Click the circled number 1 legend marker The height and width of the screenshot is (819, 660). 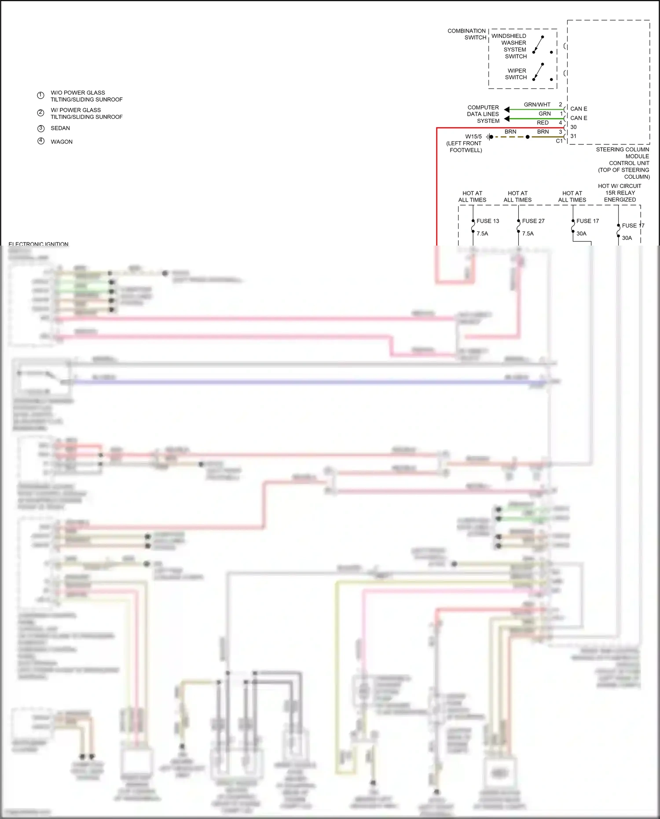point(40,95)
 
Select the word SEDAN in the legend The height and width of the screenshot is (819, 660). point(60,128)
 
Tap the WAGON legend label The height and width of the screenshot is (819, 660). point(62,142)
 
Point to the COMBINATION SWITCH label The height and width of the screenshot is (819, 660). point(467,34)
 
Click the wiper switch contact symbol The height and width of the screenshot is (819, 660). point(539,72)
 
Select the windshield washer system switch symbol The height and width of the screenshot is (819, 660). point(539,44)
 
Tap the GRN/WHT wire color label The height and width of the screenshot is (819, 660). point(537,105)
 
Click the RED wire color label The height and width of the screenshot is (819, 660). point(543,123)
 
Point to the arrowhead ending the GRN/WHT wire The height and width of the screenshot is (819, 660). point(506,110)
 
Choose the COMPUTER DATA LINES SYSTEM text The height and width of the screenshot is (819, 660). point(483,114)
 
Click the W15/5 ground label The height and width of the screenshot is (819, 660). point(473,136)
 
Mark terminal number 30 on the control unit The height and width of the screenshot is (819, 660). point(573,127)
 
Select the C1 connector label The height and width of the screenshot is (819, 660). point(559,141)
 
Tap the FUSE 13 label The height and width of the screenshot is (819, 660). point(488,221)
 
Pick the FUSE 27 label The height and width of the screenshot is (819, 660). point(533,221)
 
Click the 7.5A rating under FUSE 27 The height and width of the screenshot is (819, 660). point(528,234)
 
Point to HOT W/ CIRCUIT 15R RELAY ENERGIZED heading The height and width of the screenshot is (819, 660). point(620,193)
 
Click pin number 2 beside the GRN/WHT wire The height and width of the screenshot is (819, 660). point(561,105)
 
